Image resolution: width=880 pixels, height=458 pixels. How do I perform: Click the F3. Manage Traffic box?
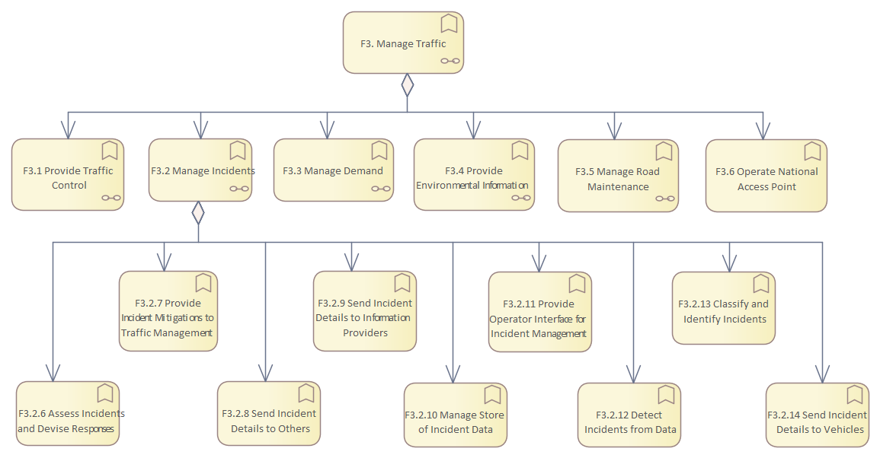point(403,43)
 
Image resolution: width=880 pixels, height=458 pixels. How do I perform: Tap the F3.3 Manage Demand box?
point(333,170)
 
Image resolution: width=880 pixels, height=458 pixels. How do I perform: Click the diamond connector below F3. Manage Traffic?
point(408,85)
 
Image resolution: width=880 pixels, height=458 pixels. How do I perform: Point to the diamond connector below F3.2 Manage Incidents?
point(198,212)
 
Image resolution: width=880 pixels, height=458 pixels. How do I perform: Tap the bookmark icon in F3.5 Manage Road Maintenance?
point(664,151)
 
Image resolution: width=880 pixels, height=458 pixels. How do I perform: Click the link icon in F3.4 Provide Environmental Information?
point(520,197)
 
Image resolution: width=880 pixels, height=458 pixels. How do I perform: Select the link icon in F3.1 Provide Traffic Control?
point(110,197)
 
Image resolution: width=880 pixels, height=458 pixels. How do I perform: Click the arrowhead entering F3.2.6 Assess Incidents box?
point(53,372)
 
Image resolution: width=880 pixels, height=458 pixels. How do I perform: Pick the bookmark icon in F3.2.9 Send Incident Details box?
point(402,284)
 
